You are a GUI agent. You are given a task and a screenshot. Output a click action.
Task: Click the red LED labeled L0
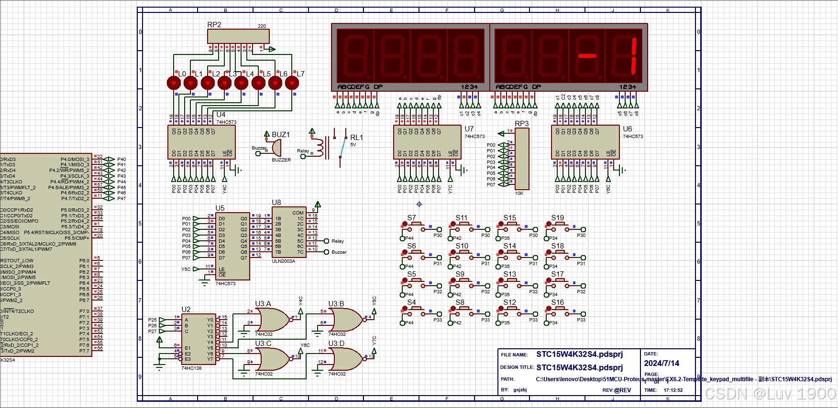point(174,83)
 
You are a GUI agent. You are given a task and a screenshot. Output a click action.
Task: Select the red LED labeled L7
point(292,83)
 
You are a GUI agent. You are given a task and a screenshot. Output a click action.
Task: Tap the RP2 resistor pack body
point(238,36)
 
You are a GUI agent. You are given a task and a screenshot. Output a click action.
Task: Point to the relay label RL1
point(356,138)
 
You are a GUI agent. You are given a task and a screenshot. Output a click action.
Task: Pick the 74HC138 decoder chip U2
point(198,339)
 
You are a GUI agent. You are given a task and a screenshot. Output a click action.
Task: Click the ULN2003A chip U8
point(289,232)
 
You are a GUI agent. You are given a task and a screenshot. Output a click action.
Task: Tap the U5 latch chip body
point(232,246)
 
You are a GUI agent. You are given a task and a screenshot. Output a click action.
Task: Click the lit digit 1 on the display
point(633,56)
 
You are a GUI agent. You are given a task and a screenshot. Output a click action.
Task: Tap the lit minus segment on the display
point(587,56)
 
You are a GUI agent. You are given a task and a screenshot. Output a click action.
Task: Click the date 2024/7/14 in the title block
point(662,364)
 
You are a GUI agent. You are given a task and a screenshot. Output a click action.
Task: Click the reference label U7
point(469,129)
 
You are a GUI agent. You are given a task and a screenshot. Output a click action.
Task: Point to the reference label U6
point(627,129)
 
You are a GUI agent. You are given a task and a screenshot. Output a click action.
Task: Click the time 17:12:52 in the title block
point(673,390)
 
